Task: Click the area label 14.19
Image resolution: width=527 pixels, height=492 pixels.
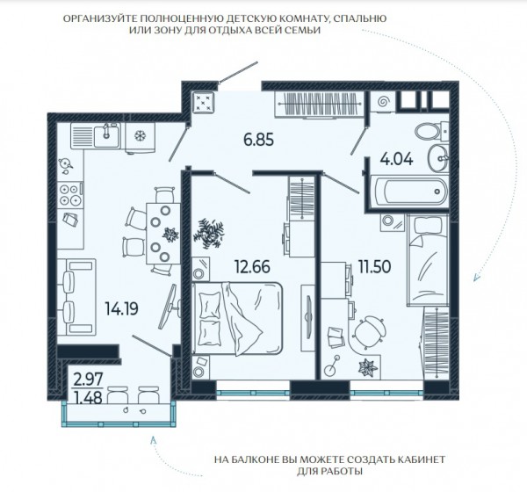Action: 121,308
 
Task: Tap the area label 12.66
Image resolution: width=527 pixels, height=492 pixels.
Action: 252,267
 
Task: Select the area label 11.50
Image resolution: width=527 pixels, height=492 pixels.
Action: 374,267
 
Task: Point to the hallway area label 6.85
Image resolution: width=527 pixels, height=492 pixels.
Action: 259,140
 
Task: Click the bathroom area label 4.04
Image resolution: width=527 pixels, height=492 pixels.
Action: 396,159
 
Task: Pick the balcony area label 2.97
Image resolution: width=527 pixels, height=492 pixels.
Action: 88,380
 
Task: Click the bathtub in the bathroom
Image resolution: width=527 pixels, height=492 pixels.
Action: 409,192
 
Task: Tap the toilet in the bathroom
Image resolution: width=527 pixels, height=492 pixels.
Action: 431,131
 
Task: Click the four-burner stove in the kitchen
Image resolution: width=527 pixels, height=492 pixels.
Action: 70,195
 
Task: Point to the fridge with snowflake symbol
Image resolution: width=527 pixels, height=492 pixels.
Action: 140,137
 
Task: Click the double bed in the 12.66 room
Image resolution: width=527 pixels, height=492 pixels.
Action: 237,318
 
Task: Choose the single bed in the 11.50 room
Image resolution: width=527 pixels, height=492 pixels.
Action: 428,260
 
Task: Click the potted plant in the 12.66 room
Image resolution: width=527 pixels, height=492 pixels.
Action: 209,233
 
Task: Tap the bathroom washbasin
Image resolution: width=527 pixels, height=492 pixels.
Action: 438,157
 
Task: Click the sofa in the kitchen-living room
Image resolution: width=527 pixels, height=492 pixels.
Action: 76,297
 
